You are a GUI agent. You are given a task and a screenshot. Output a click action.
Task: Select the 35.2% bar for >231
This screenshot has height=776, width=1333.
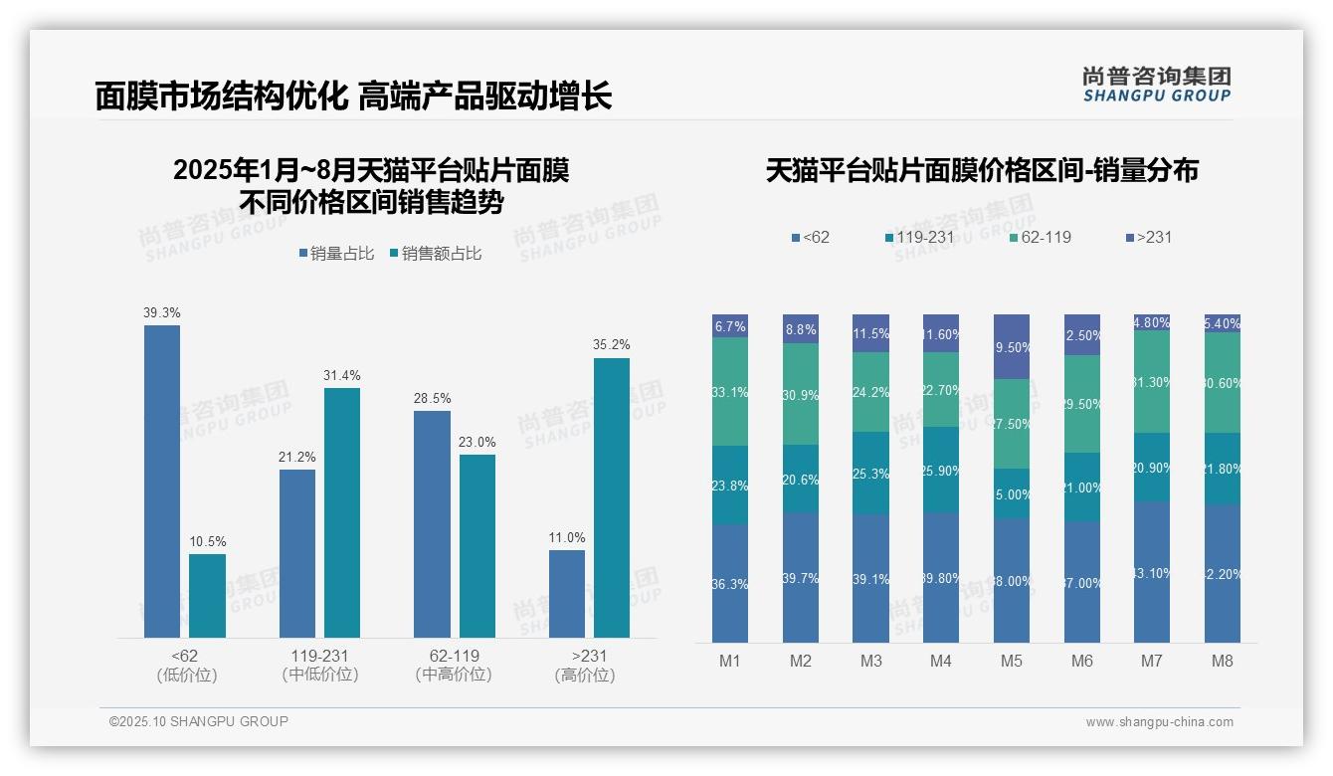612,497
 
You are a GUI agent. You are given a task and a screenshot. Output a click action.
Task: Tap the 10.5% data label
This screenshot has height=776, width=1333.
207,542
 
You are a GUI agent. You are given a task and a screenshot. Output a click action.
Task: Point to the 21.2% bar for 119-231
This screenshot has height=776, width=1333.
297,553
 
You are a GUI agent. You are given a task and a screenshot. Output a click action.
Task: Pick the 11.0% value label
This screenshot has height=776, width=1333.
567,538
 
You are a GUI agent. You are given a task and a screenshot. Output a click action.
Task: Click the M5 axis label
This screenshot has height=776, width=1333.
1012,662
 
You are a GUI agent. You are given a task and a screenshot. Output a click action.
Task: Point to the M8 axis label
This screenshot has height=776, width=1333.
1223,662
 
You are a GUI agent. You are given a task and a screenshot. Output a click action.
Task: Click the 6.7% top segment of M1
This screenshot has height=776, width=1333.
730,326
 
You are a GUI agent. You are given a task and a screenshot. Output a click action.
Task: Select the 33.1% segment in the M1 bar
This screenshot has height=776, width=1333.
730,392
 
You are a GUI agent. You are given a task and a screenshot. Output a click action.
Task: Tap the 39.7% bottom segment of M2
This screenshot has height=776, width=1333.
801,578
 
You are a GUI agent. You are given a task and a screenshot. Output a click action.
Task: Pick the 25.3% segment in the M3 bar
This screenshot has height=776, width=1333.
870,474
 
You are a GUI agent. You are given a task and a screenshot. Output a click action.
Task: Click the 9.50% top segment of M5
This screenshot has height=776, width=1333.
1012,347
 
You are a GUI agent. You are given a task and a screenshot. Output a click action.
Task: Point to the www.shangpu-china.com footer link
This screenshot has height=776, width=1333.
1159,722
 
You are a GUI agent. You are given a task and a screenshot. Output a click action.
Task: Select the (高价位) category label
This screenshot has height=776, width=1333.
585,675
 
